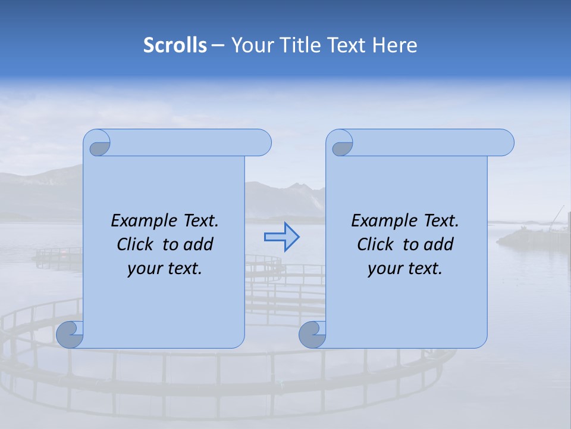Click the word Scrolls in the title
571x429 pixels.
[175, 45]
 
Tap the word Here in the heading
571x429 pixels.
[395, 45]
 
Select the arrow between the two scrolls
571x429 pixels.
[281, 237]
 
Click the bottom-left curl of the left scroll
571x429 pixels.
[70, 334]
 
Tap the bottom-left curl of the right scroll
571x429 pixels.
[312, 335]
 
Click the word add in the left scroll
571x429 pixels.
[198, 244]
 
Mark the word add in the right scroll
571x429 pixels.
[438, 244]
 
